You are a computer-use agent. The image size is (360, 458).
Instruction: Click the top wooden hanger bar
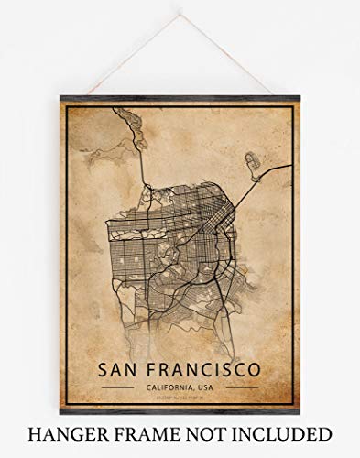tap(180, 98)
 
